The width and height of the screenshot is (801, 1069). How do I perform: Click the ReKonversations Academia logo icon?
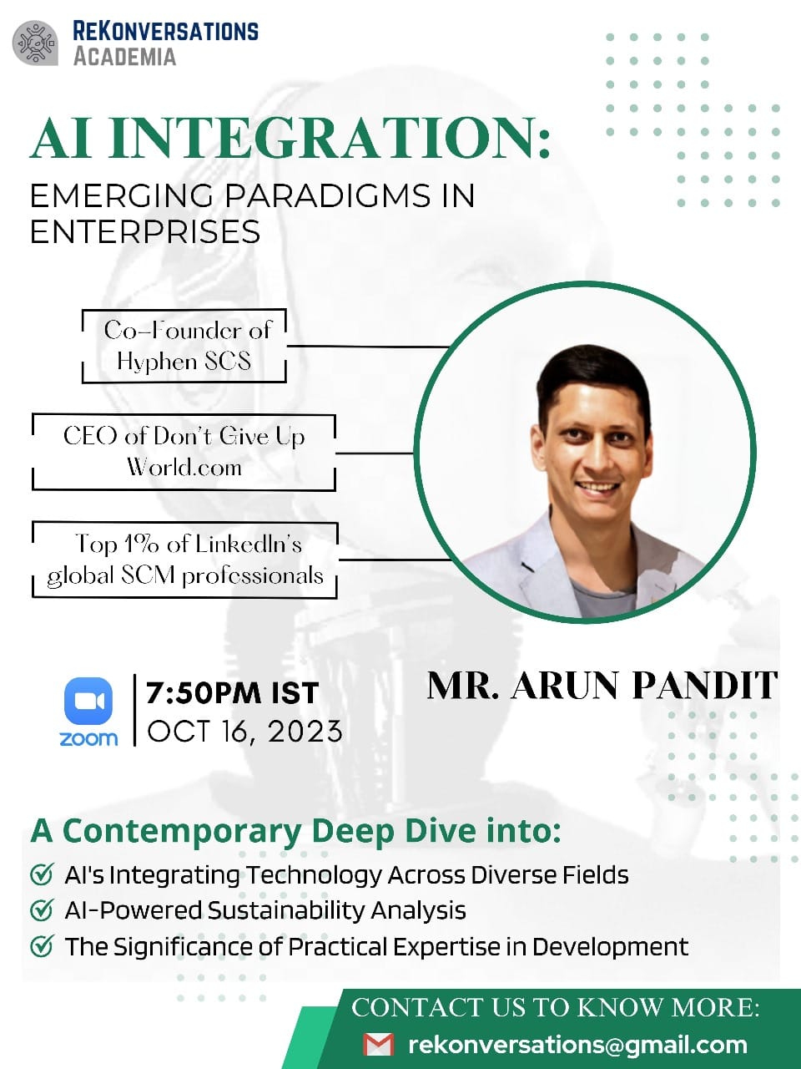pos(35,43)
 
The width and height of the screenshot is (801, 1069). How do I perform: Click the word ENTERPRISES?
pos(145,231)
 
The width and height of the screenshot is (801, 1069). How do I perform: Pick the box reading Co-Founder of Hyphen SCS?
pos(184,346)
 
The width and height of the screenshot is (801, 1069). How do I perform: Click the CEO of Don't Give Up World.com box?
pos(184,451)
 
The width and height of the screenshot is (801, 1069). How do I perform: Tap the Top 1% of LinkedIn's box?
pos(184,560)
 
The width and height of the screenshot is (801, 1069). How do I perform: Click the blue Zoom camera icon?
pos(88,701)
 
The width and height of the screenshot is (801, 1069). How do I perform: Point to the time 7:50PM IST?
pos(232,693)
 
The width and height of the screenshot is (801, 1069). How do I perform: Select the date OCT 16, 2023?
pos(244,732)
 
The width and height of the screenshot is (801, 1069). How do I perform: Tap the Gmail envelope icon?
pos(379,1045)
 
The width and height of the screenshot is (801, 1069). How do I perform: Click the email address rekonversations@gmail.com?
pos(577,1045)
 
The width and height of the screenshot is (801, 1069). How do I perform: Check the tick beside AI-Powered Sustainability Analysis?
pos(41,910)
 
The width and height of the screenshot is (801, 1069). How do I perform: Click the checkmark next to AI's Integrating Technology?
pos(41,874)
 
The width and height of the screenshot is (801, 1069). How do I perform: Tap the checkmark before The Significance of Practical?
pos(41,947)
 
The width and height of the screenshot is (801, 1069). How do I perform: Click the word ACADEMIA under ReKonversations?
pos(124,57)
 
